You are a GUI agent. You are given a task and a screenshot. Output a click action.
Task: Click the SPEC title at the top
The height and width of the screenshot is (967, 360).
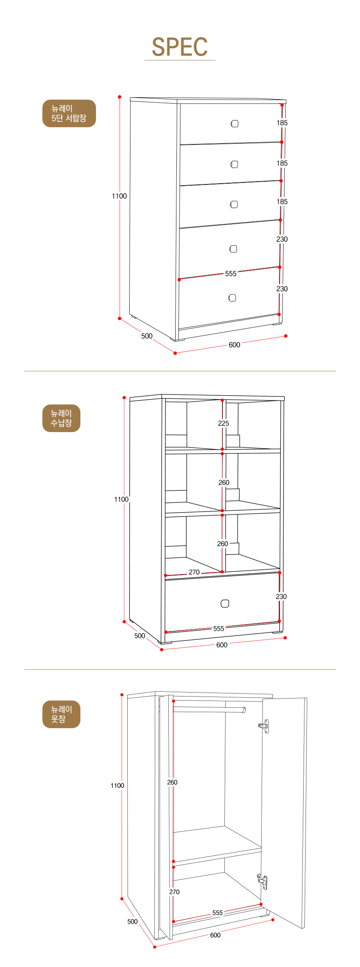[x=180, y=47]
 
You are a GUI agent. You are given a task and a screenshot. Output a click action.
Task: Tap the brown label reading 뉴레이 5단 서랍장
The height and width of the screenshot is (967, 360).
[x=69, y=113]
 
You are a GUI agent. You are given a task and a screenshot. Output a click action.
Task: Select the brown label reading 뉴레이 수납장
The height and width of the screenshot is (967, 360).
[x=61, y=418]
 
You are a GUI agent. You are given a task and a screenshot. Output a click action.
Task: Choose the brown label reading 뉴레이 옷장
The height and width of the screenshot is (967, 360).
[x=61, y=714]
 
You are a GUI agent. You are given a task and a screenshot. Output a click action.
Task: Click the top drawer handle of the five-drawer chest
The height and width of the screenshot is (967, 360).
[x=234, y=124]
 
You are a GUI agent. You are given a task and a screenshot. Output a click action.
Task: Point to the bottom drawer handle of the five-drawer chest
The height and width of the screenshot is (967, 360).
[x=232, y=298]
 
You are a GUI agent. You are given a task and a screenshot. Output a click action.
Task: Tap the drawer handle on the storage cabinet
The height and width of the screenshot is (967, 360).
[x=225, y=603]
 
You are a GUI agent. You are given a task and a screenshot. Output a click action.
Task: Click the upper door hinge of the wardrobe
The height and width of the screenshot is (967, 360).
[x=264, y=726]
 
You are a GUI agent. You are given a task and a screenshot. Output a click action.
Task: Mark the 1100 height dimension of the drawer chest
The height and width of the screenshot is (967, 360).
[x=119, y=196]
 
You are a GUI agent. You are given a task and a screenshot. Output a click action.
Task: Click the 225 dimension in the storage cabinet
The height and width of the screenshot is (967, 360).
[x=224, y=423]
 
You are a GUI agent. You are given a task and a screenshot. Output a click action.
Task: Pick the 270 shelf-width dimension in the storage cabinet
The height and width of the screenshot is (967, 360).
[x=194, y=572]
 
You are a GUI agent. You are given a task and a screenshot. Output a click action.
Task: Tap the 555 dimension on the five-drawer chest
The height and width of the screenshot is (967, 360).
[x=231, y=274]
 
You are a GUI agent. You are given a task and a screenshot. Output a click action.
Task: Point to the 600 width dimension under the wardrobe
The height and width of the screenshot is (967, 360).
[x=215, y=935]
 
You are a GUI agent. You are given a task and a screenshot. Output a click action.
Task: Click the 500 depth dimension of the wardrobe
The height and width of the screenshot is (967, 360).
[x=132, y=921]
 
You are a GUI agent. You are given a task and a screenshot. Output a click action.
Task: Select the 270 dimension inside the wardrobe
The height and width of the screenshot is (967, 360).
[x=174, y=892]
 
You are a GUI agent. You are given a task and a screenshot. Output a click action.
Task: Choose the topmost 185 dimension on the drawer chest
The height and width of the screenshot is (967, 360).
[x=282, y=123]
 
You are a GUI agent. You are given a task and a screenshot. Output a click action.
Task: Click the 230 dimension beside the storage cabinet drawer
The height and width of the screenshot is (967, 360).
[x=281, y=597]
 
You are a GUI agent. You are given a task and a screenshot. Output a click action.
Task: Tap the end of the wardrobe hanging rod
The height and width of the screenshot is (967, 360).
[x=244, y=710]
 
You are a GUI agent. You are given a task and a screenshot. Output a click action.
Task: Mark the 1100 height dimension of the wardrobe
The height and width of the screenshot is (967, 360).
[x=117, y=785]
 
